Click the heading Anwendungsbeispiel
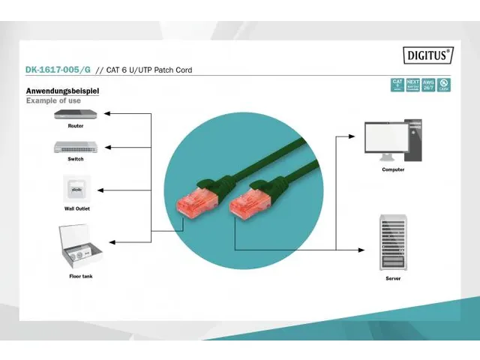[x=63, y=91]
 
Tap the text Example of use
[x=55, y=100]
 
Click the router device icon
[x=75, y=115]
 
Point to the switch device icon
[x=75, y=147]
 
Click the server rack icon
[x=392, y=241]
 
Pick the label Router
[x=76, y=126]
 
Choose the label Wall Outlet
[x=76, y=208]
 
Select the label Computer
[x=393, y=169]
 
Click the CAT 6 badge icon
[x=397, y=84]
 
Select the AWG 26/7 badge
[x=428, y=84]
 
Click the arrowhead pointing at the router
[x=106, y=114]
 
